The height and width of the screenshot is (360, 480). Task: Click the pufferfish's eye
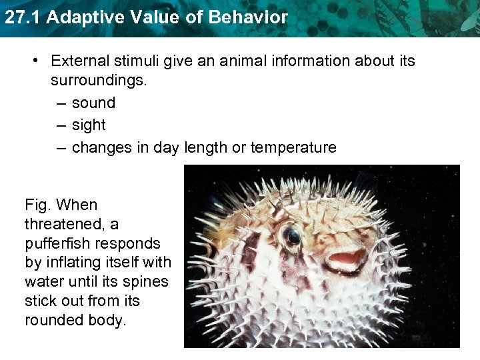point(291,235)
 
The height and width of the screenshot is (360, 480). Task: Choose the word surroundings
point(99,81)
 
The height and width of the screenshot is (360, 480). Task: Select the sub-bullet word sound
point(93,103)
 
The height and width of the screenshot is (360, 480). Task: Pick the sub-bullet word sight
point(89,125)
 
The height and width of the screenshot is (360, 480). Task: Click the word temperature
point(293,147)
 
